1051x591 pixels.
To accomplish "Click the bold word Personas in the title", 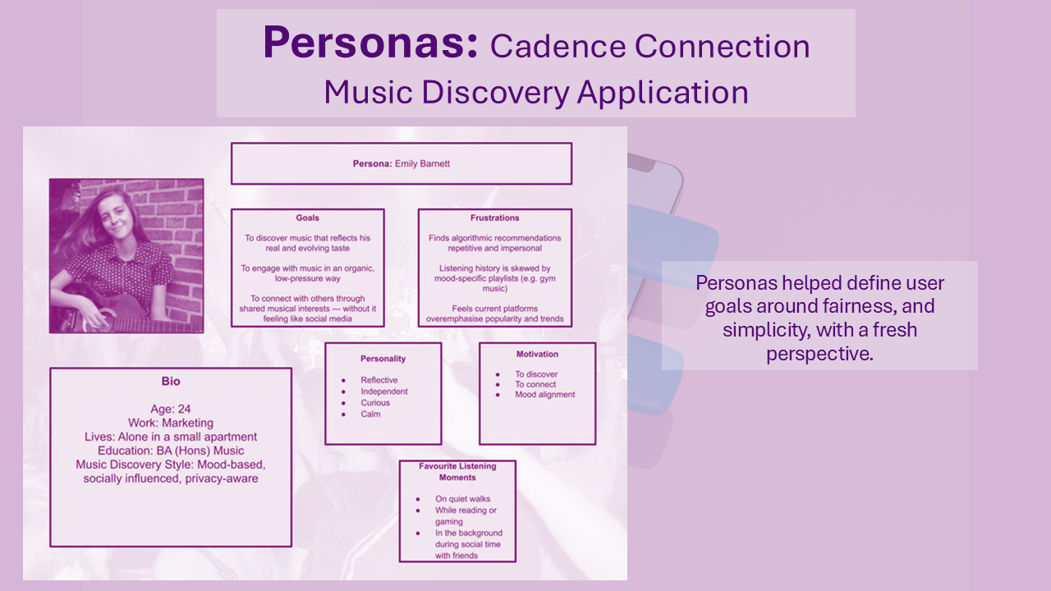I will pos(370,43).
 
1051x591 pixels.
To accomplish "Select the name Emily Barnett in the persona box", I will pos(422,164).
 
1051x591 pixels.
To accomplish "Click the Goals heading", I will pos(308,218).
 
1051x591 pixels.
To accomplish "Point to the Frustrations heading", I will pos(495,218).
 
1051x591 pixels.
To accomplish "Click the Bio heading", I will pos(171,382).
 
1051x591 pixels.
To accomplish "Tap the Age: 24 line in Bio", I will pos(171,410).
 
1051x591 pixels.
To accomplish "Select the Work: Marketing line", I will pos(171,424).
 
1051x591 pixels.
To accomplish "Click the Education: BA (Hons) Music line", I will pos(171,451).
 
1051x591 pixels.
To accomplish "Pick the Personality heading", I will pos(383,359).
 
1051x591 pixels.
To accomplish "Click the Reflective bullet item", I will pos(379,380).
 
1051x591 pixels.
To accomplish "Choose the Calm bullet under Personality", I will pos(370,415).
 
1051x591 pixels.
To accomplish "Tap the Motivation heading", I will pos(537,355).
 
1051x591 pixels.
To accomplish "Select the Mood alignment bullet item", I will pos(545,395).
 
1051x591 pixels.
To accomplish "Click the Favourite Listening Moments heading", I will pos(457,472).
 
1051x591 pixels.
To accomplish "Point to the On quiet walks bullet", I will pos(462,499).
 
